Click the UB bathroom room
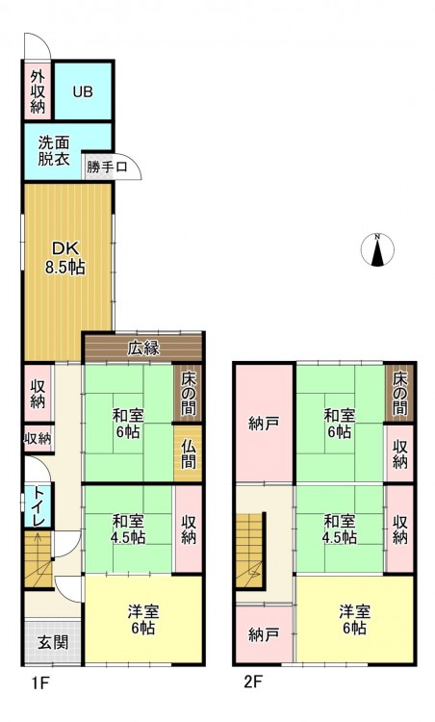(84, 91)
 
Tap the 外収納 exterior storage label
(38, 91)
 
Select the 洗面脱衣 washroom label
(54, 150)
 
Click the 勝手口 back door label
(107, 167)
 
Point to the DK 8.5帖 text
(64, 258)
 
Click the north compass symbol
(377, 249)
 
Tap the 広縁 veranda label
(143, 348)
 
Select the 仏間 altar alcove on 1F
(189, 453)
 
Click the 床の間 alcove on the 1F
(188, 393)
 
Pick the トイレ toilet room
(38, 506)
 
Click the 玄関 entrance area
(53, 642)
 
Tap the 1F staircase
(38, 559)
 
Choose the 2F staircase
(250, 551)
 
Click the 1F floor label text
(40, 683)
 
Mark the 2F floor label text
(253, 682)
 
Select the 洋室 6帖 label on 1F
(143, 620)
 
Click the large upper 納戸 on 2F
(264, 423)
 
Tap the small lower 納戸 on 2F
(264, 635)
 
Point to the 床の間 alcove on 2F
(399, 393)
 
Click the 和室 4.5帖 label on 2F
(340, 529)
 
